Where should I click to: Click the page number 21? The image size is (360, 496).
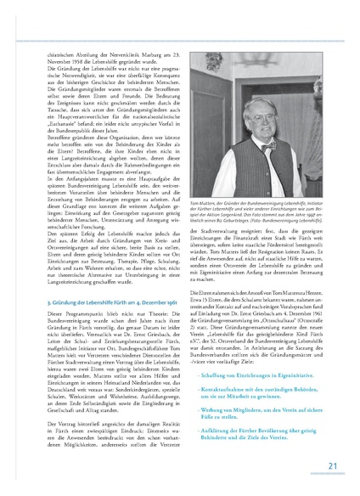[333, 465]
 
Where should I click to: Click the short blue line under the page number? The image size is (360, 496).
[333, 474]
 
